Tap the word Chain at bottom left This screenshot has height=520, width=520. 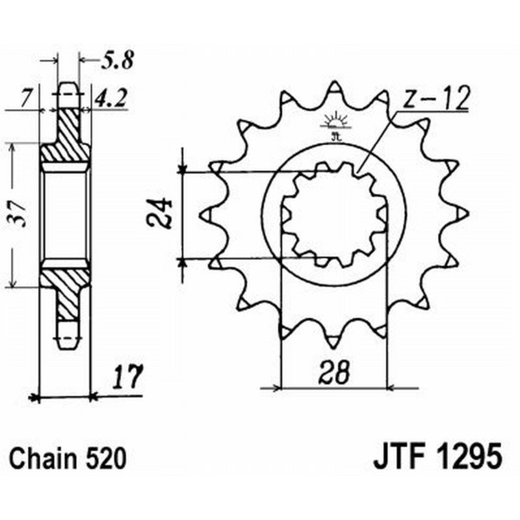[x=44, y=458]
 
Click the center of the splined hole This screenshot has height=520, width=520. [x=333, y=214]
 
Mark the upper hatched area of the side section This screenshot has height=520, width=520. [x=65, y=140]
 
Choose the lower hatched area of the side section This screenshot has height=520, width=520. [x=65, y=289]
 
